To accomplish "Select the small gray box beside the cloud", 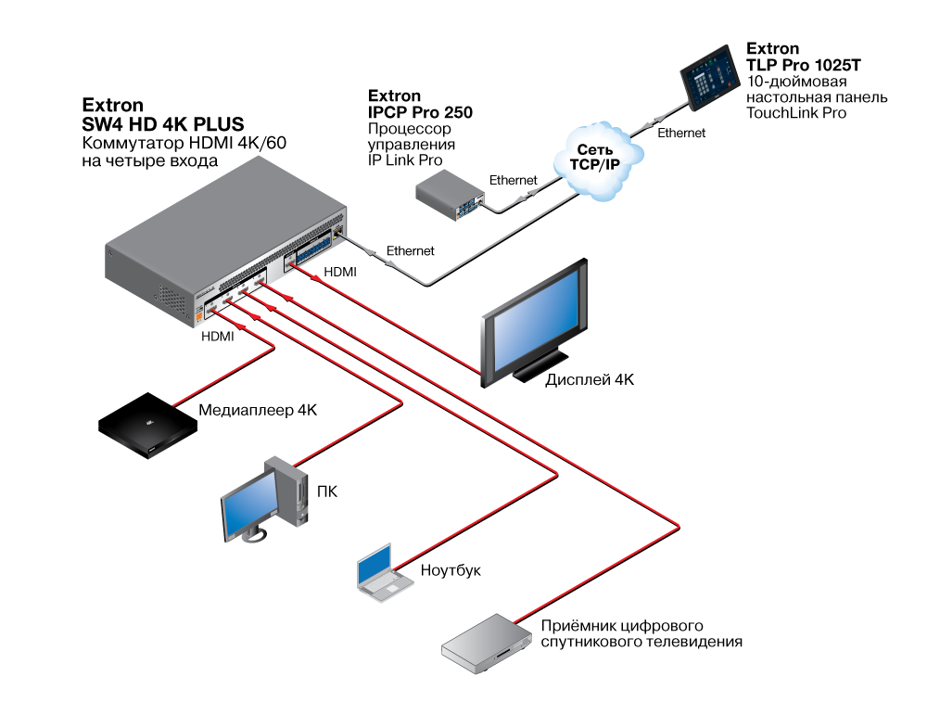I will coord(449,196).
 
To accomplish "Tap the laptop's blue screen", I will coord(375,565).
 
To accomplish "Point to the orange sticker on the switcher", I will coord(197,315).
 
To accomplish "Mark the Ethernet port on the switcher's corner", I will coord(340,227).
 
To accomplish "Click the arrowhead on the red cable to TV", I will coord(315,276).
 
